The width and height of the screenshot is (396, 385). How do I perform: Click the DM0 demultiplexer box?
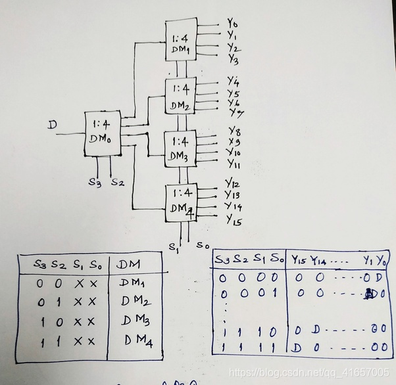click(103, 133)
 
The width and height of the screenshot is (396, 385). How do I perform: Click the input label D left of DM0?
click(51, 123)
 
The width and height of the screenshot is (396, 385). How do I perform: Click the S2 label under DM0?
click(117, 182)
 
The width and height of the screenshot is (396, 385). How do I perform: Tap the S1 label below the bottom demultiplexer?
click(174, 248)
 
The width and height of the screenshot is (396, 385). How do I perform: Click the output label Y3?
click(233, 60)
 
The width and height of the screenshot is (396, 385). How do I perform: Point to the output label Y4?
click(233, 81)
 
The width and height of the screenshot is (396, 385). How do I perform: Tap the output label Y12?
click(232, 183)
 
